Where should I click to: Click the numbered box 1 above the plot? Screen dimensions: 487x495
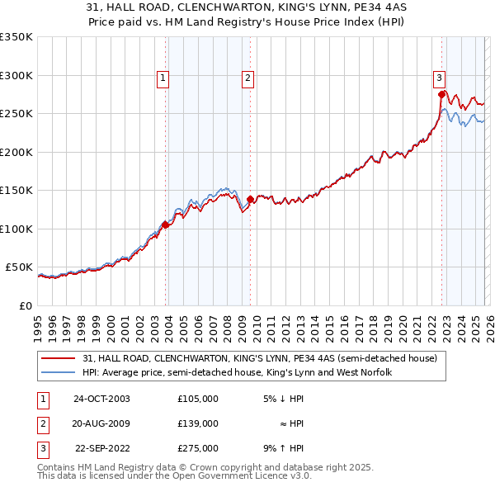(x=163, y=78)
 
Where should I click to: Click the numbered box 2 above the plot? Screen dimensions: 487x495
(x=247, y=78)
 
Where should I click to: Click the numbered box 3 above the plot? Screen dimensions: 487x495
(x=440, y=78)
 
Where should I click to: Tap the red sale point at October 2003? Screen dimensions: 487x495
(x=166, y=225)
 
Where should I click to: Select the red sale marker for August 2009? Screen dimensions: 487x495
(x=250, y=198)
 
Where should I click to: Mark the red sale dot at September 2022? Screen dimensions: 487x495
(x=441, y=93)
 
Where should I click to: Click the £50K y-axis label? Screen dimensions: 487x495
(x=19, y=267)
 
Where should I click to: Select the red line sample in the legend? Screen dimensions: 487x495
(x=60, y=358)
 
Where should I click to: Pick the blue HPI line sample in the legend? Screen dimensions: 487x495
(x=60, y=372)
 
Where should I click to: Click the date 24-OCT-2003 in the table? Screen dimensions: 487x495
(x=101, y=399)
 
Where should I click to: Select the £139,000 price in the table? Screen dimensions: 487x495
(x=197, y=423)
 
